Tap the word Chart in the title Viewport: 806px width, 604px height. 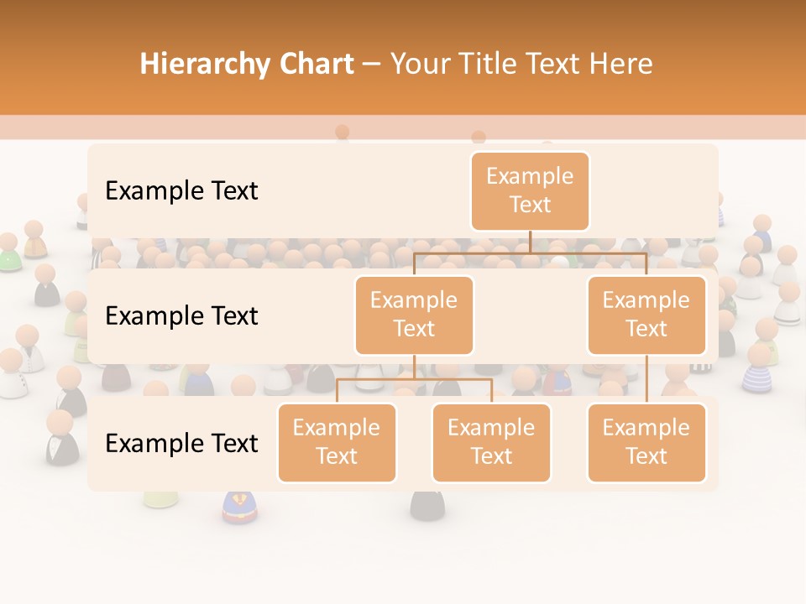pos(314,65)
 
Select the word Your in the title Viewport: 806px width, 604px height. pos(421,65)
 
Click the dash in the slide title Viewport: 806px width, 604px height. pos(372,65)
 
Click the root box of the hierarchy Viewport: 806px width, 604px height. pos(530,190)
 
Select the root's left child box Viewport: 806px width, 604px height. pos(414,315)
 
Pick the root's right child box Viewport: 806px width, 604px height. pos(646,315)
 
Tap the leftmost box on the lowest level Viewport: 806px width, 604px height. pos(337,442)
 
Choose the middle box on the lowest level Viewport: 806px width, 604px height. pos(491,442)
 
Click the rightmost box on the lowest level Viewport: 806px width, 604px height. pos(646,442)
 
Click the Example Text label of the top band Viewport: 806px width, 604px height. pos(181,190)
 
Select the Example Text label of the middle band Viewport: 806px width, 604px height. pos(181,315)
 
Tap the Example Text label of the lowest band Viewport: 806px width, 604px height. pos(181,443)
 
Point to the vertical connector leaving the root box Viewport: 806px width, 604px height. pos(530,241)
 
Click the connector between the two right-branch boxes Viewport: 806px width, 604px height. pos(646,379)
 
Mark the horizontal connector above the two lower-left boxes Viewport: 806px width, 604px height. pos(414,379)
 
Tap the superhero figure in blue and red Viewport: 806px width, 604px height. pos(237,507)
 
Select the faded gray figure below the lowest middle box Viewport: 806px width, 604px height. pos(427,503)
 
